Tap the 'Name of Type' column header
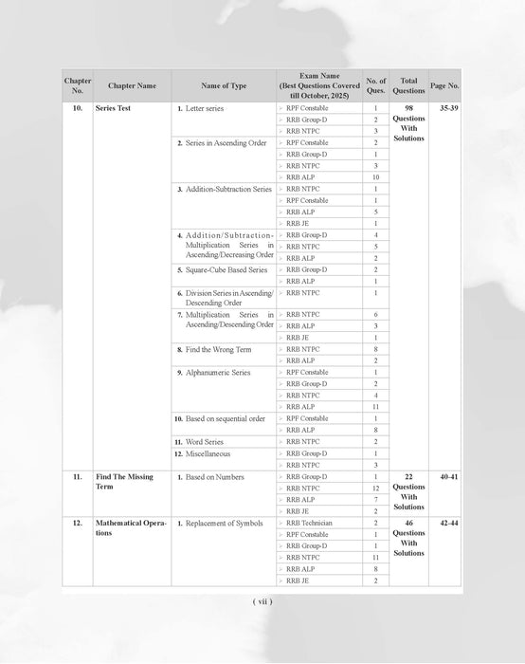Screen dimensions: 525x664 pos(224,86)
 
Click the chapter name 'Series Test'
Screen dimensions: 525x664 pos(118,109)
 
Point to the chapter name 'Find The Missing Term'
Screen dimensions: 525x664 pos(118,481)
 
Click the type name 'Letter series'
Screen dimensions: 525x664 pos(208,109)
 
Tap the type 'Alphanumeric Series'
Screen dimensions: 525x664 pos(219,373)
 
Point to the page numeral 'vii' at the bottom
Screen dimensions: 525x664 pos(262,600)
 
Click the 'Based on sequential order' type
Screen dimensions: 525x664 pos(226,418)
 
